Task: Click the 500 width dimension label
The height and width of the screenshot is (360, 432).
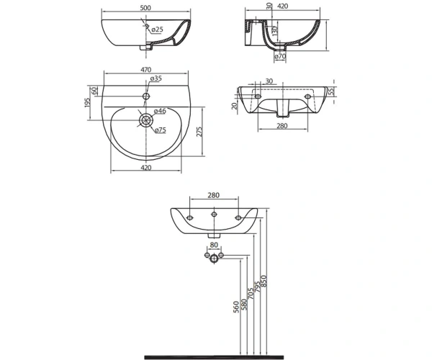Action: (x=145, y=8)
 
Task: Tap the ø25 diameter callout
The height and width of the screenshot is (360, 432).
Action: (x=157, y=30)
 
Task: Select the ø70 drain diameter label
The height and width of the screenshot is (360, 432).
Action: (x=280, y=56)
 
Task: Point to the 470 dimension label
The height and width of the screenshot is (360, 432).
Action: (x=146, y=70)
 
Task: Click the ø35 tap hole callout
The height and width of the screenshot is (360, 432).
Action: (x=156, y=78)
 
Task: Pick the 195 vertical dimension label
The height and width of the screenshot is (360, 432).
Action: (x=88, y=102)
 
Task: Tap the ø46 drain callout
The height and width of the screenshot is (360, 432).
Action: (x=160, y=111)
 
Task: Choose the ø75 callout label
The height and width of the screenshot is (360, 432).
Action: (x=160, y=130)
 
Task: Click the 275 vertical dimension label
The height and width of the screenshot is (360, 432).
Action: (x=199, y=132)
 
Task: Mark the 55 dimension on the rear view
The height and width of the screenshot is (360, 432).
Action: (x=331, y=91)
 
